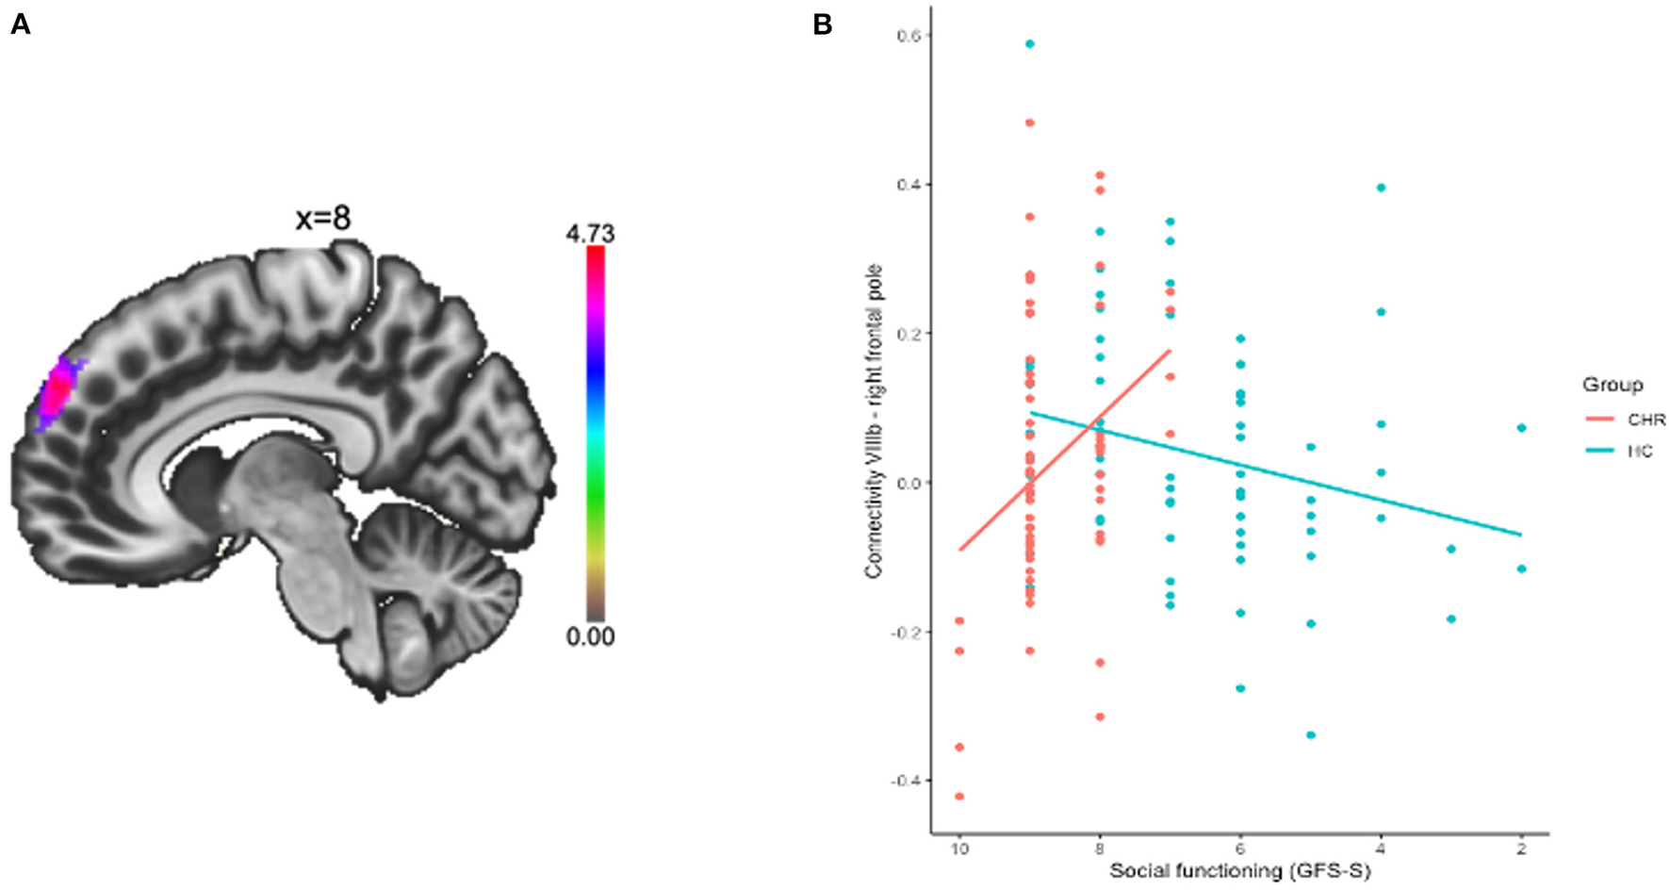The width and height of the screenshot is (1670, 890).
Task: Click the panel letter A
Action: coord(20,25)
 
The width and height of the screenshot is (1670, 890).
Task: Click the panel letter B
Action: coord(822,25)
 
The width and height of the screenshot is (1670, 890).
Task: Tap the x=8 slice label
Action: coord(323,220)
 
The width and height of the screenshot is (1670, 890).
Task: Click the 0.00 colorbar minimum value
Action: coord(590,637)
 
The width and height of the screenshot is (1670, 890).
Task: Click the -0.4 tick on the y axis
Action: coord(906,781)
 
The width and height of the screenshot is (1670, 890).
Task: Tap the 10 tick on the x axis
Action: coord(959,848)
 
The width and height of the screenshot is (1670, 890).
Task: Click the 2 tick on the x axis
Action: coord(1521,848)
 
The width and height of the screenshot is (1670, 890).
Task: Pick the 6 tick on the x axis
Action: coord(1240,848)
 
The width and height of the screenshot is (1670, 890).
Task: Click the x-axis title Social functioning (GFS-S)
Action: coord(1239,871)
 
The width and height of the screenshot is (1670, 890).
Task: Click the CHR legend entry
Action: coord(1639,420)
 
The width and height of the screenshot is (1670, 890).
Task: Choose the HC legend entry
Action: coord(1639,452)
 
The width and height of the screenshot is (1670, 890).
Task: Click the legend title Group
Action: coord(1613,385)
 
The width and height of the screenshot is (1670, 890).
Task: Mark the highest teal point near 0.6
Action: coord(1030,44)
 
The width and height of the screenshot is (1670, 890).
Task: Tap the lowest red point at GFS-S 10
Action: coord(959,797)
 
